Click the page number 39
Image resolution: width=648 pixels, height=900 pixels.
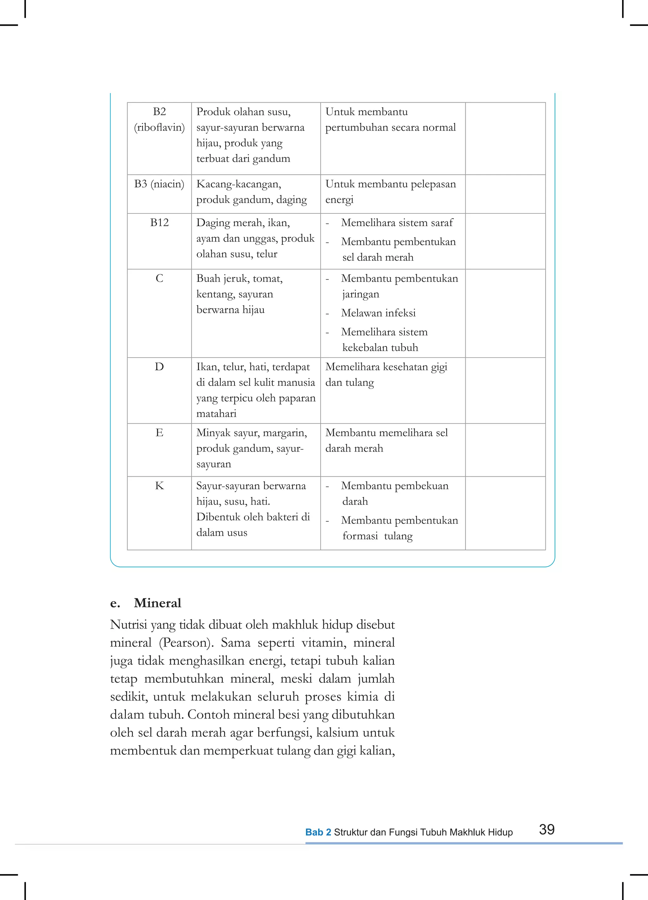[546, 829]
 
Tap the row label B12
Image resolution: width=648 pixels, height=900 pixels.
[159, 223]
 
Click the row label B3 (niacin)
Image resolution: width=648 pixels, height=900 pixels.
[159, 184]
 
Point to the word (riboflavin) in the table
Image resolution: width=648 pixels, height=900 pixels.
[159, 127]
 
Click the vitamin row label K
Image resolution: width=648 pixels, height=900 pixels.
[159, 486]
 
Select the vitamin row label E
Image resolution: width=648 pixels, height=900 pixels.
[159, 433]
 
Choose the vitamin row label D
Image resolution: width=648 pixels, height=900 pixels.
[159, 367]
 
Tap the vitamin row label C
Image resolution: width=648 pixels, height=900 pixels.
[159, 279]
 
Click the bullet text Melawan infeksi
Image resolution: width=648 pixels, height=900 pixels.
[378, 313]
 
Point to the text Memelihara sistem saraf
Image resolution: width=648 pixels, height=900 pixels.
[396, 223]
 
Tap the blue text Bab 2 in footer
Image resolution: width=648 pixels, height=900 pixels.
[318, 832]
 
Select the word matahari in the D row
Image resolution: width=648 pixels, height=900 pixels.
[216, 414]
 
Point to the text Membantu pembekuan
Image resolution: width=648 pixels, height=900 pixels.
[395, 486]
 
